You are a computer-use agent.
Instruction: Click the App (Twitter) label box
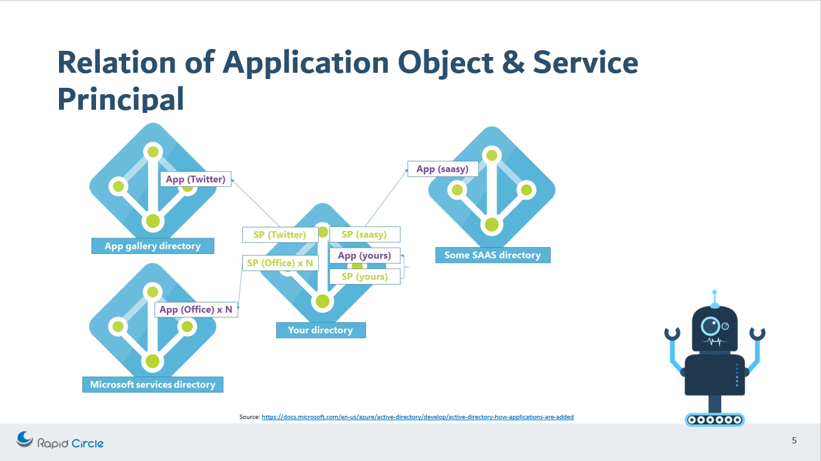tap(196, 179)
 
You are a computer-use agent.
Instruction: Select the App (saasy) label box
tap(443, 169)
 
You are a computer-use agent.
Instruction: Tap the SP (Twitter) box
tap(279, 235)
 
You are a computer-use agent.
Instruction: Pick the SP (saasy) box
tap(364, 235)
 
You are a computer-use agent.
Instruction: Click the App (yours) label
tap(364, 255)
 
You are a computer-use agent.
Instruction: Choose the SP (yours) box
tap(364, 277)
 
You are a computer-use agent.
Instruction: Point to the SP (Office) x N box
tap(279, 263)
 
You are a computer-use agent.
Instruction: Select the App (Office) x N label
tap(196, 309)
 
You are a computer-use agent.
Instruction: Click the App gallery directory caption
tap(153, 246)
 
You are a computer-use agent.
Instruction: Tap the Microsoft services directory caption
tap(153, 384)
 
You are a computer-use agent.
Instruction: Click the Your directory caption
tap(321, 330)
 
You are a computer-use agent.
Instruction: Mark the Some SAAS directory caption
tap(492, 255)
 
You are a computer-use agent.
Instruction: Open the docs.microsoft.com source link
tap(417, 416)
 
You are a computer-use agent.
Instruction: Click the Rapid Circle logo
tap(60, 442)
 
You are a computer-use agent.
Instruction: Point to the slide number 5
tap(794, 440)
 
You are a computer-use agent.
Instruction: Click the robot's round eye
tap(711, 326)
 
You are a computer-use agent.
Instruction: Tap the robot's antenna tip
tap(714, 293)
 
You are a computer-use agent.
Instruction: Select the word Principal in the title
tap(121, 99)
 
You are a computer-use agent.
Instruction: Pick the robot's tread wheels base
tap(714, 420)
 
